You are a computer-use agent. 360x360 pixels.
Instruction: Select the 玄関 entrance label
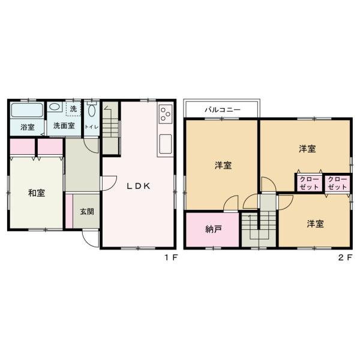tap(86, 211)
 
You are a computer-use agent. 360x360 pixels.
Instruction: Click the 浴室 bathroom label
tap(27, 127)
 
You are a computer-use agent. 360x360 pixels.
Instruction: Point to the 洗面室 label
tap(63, 127)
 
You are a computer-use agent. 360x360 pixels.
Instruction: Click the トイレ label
tap(92, 127)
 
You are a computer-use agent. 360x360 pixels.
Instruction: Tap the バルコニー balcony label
tap(222, 110)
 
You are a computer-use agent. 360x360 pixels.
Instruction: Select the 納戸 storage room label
tap(212, 229)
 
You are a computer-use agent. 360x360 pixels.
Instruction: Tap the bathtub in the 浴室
tap(27, 110)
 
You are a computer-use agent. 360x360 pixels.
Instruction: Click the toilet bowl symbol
tap(92, 111)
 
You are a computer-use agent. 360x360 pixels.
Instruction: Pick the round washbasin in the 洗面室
tap(55, 108)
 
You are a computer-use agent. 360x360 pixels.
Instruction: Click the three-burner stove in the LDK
tap(165, 112)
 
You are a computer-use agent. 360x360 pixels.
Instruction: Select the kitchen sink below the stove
tap(165, 144)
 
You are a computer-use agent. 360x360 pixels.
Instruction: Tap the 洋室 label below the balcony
tap(223, 166)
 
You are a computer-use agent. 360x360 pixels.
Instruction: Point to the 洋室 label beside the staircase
tap(315, 224)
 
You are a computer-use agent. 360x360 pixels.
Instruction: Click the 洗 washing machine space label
tap(73, 109)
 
